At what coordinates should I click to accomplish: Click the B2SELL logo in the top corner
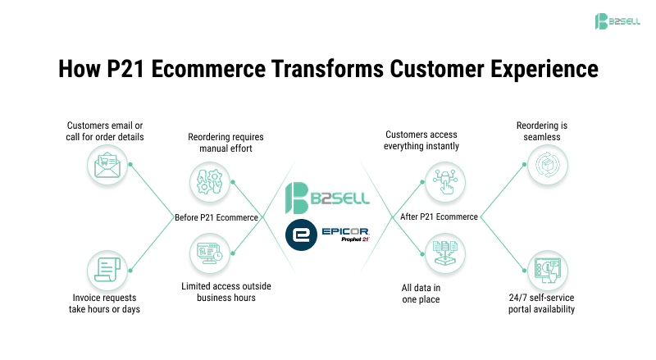[618, 20]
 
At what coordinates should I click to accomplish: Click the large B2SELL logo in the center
[327, 198]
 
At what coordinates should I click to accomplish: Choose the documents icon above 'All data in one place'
[445, 253]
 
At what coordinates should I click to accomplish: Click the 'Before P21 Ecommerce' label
[216, 217]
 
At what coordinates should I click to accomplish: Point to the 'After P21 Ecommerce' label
[439, 217]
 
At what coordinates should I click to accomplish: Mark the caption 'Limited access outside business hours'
[226, 291]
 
